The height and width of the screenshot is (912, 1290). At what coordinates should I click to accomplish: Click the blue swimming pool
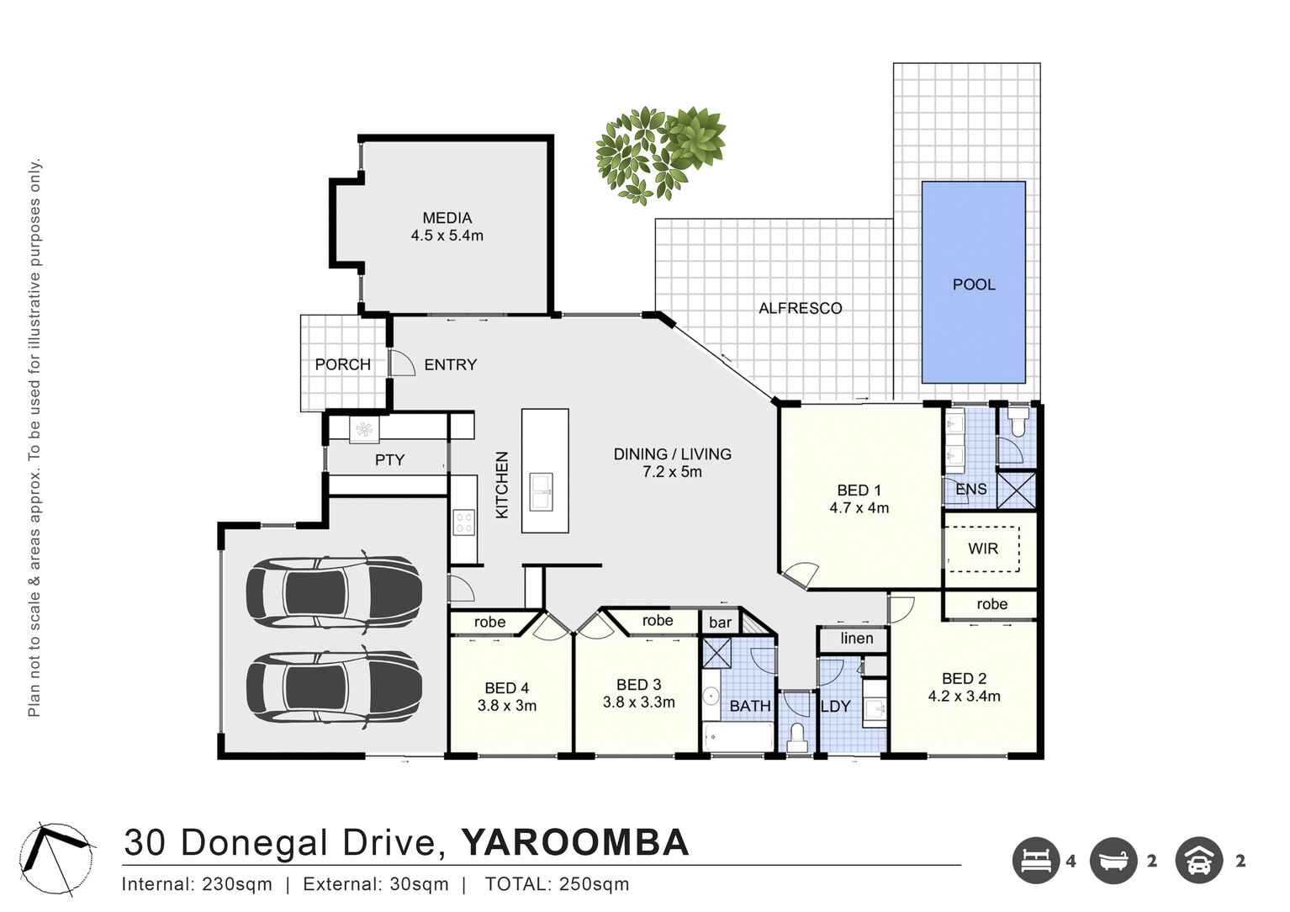point(973,283)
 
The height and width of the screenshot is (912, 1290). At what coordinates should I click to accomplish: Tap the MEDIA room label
point(447,218)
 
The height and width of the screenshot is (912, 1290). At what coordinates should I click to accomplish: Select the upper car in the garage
point(334,591)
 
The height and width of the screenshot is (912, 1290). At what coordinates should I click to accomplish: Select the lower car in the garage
point(334,687)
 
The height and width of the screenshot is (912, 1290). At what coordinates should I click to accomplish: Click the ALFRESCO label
point(800,309)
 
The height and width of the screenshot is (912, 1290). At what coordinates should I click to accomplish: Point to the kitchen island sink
point(541,492)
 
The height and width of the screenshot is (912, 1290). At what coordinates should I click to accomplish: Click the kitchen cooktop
point(463,522)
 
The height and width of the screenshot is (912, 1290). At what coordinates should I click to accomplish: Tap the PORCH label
point(342,364)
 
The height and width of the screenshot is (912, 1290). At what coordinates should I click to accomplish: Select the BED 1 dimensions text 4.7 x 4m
point(859,508)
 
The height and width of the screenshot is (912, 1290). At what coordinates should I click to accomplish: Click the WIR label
point(982,549)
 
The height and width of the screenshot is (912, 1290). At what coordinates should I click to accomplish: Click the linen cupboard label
point(856,639)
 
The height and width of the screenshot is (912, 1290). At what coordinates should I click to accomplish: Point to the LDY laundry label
point(835,707)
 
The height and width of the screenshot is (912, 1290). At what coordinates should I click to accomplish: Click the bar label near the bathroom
point(720,623)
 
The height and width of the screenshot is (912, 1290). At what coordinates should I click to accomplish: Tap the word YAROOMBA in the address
point(574,843)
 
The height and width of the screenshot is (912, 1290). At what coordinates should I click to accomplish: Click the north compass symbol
point(56,859)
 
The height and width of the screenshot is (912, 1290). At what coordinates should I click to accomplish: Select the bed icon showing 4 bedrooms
point(1035,861)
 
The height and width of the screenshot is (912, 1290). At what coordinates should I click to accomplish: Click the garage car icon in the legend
point(1198,861)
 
